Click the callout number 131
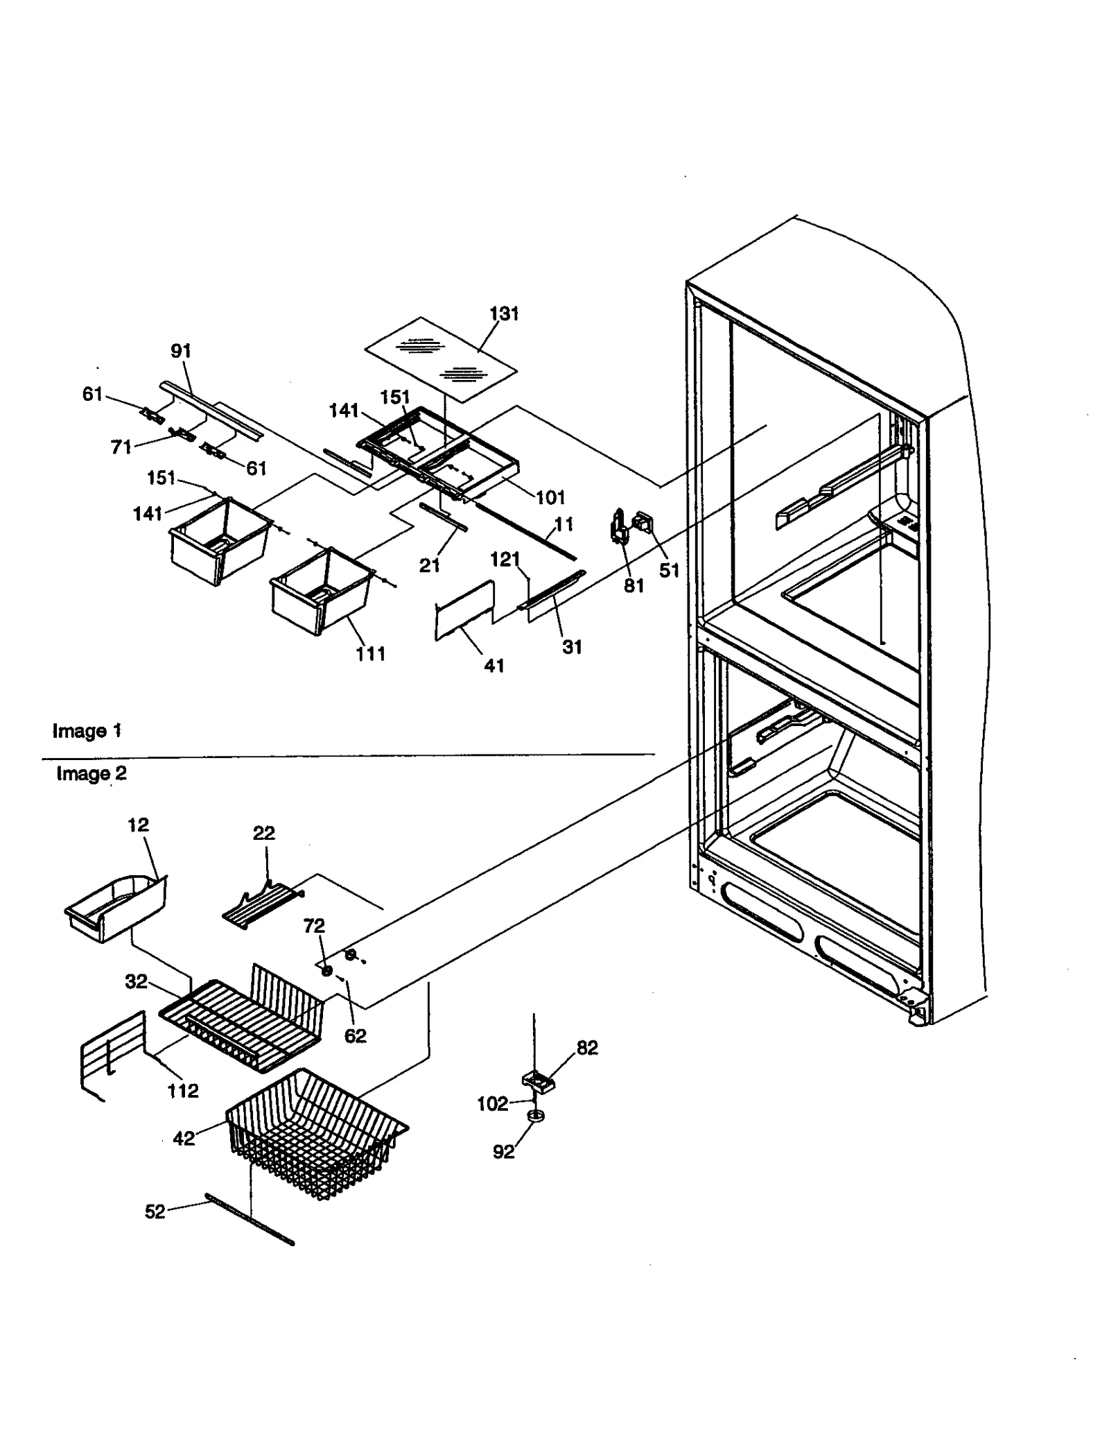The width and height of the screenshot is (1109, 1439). click(504, 314)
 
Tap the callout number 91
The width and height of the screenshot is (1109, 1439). click(181, 352)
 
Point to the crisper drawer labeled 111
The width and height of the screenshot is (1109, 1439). click(321, 590)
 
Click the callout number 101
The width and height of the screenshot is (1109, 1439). click(550, 497)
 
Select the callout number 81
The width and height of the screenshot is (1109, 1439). click(634, 586)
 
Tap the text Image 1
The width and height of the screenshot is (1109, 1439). click(87, 731)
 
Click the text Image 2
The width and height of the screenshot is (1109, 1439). click(91, 774)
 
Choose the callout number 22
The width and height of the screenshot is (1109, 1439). click(263, 833)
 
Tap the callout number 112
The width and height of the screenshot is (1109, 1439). click(182, 1091)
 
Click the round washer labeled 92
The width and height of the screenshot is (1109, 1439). click(534, 1116)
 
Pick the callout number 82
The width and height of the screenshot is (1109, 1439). click(586, 1048)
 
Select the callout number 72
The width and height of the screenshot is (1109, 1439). click(313, 926)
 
